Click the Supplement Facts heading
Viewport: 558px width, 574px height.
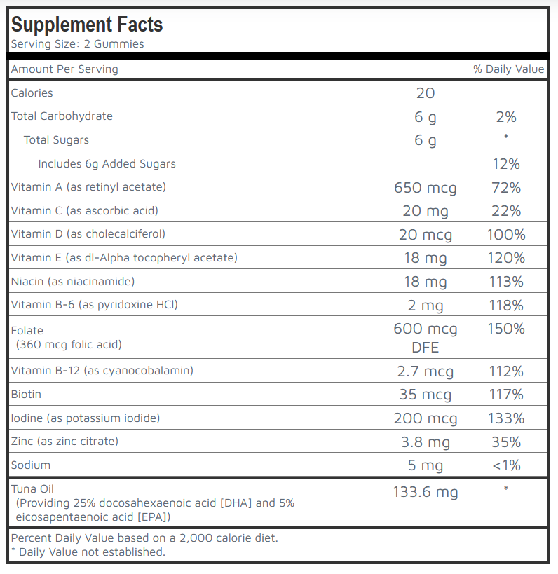(x=87, y=25)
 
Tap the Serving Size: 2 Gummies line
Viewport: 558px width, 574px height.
(x=77, y=44)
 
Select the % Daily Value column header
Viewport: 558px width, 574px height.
(x=508, y=69)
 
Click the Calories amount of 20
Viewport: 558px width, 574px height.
(x=425, y=93)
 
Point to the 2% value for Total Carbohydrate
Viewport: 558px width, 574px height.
(x=505, y=117)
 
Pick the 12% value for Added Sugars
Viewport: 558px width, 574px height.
(x=505, y=164)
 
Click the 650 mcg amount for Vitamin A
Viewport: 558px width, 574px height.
(x=425, y=188)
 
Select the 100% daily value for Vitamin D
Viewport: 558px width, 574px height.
(x=505, y=235)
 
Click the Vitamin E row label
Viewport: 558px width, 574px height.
(x=124, y=258)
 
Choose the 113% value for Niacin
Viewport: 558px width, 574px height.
(x=505, y=282)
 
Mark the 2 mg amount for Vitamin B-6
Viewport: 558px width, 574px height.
(x=425, y=306)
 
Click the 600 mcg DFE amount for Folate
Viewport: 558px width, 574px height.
(x=425, y=337)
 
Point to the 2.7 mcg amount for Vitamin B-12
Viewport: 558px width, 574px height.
(x=425, y=371)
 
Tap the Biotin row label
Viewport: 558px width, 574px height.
(x=26, y=395)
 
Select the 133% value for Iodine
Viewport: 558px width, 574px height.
(x=505, y=418)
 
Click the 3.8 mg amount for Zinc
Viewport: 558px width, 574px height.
(x=425, y=442)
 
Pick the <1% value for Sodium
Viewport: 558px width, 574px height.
(x=505, y=466)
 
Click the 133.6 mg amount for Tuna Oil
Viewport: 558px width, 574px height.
(x=425, y=492)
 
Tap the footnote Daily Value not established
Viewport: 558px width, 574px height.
(x=88, y=552)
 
